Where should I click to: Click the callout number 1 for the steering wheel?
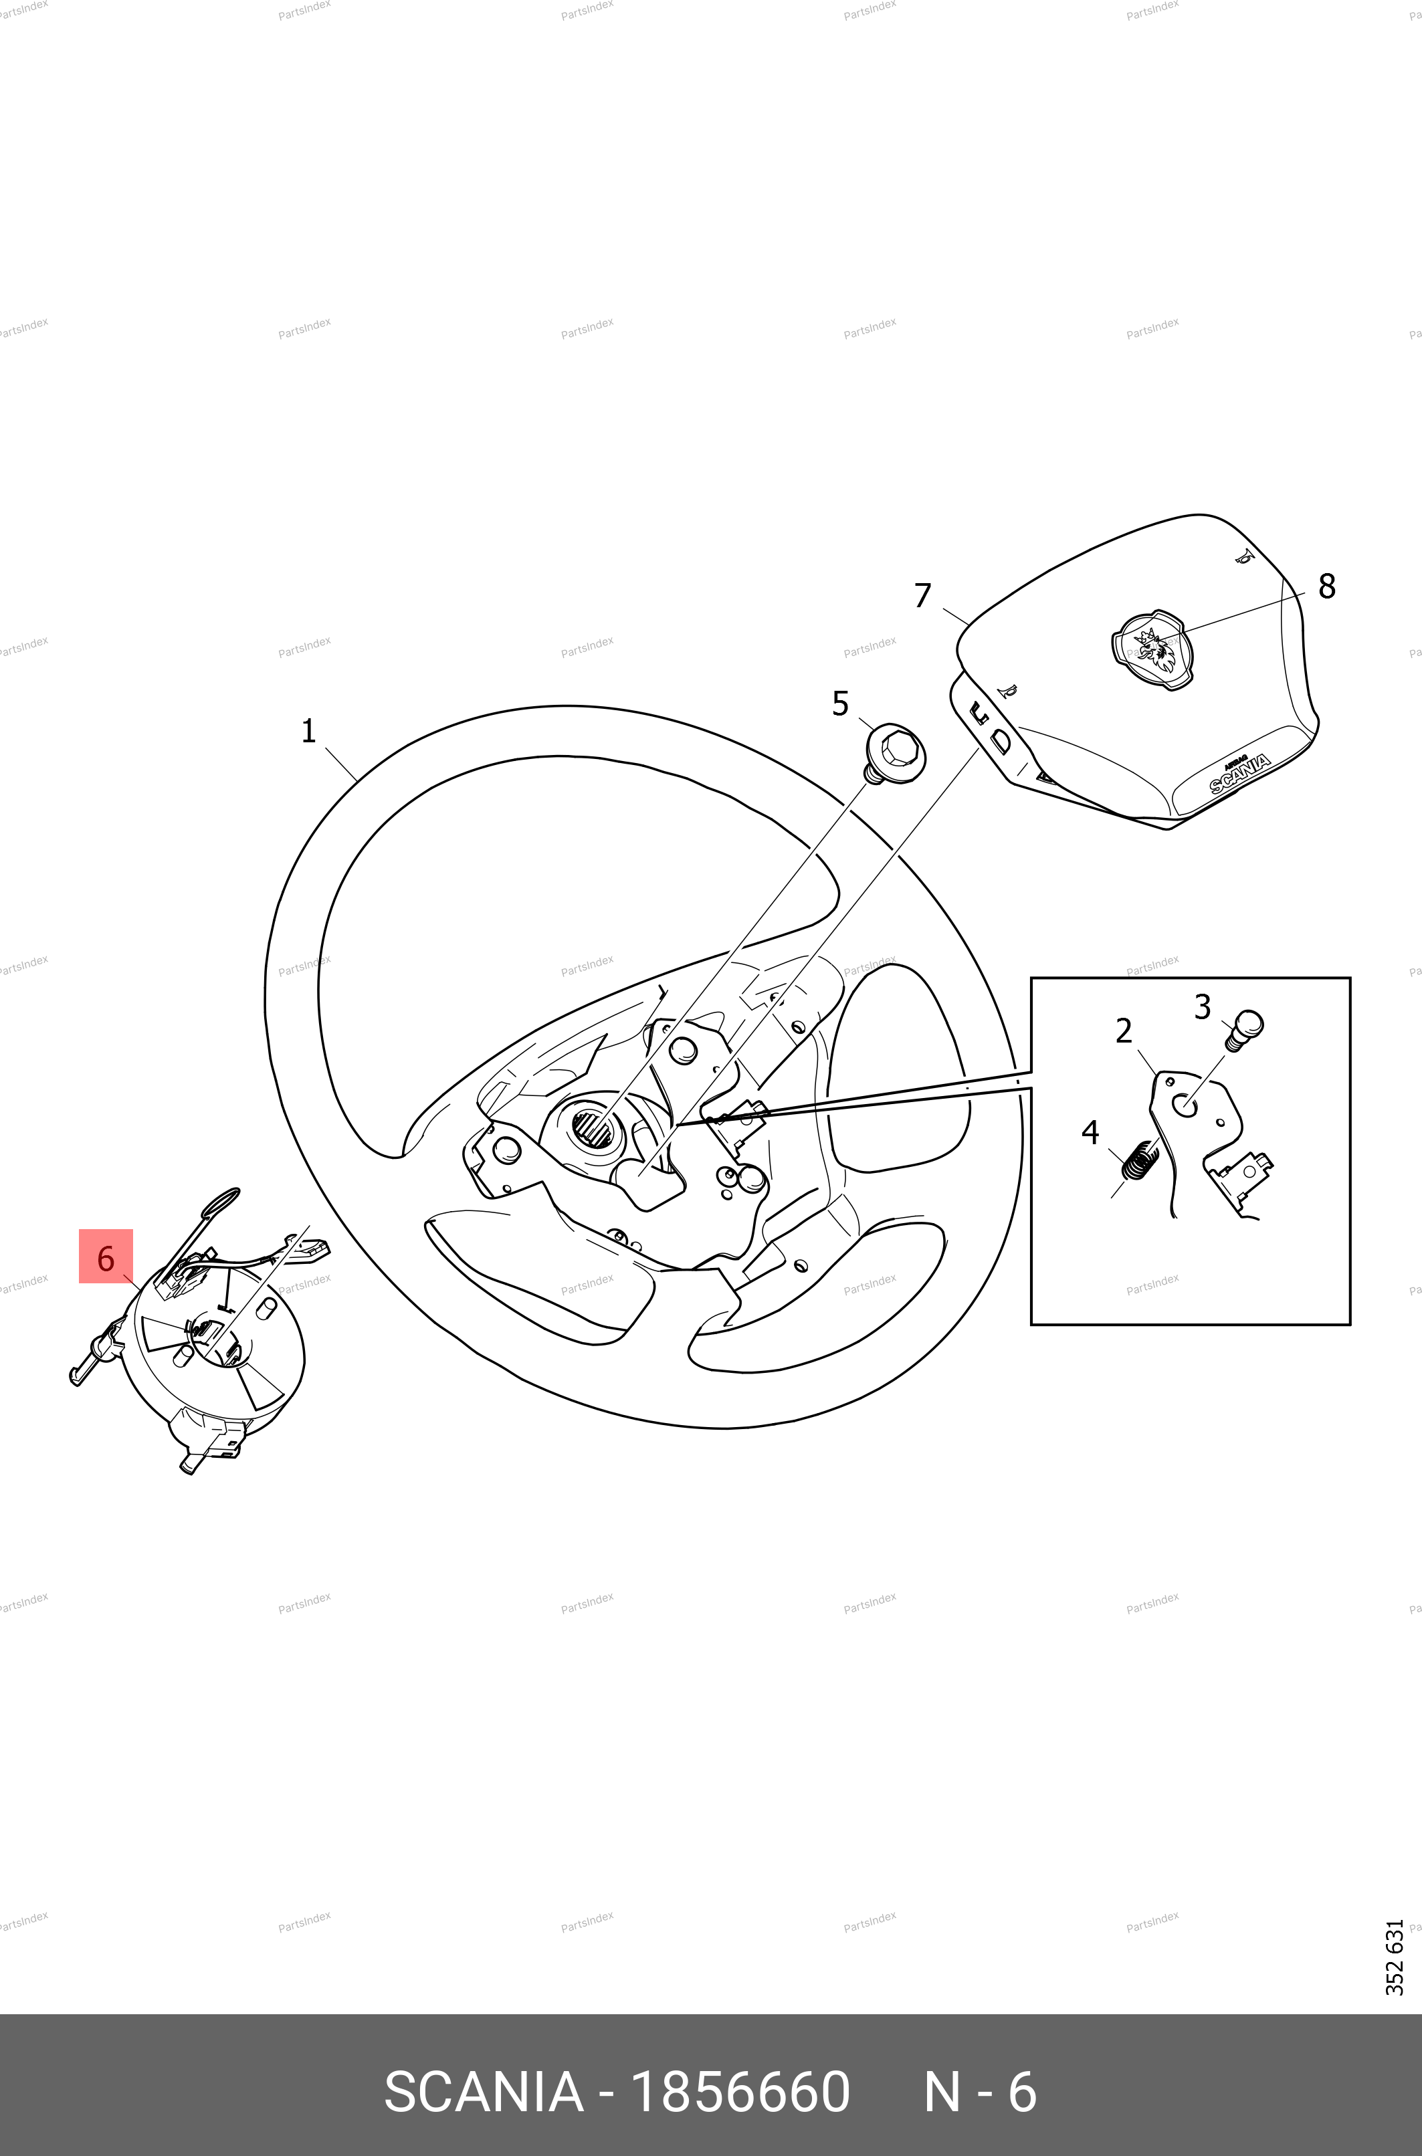[x=308, y=731]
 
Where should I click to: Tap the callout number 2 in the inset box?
[x=1124, y=1031]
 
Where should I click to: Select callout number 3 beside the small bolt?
[x=1203, y=1006]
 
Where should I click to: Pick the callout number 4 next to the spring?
[x=1090, y=1132]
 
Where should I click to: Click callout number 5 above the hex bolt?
[x=841, y=704]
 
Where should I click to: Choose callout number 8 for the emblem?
[x=1327, y=586]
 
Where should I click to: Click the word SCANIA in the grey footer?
[x=484, y=2092]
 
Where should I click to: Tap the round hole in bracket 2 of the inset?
[x=1185, y=1105]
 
